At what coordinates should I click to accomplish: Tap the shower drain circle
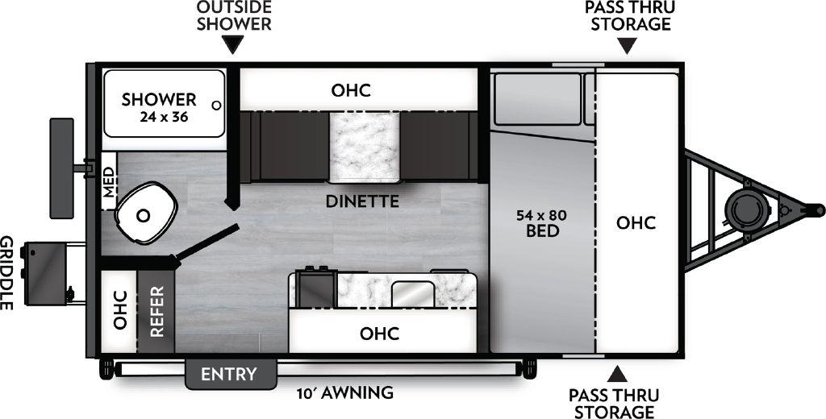(215, 105)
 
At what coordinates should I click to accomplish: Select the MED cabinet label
(109, 186)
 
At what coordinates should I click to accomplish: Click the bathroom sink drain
(143, 215)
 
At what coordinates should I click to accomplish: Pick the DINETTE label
(362, 201)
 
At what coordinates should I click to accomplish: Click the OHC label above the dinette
(351, 89)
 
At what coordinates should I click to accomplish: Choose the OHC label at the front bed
(636, 222)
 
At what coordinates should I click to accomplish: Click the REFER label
(156, 310)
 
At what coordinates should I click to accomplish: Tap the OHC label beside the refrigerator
(119, 310)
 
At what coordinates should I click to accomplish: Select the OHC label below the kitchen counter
(379, 332)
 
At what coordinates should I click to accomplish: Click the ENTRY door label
(229, 374)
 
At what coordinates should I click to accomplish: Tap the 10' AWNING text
(344, 393)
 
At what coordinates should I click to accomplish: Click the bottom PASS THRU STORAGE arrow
(618, 373)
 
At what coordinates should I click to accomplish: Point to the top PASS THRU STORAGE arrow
(628, 47)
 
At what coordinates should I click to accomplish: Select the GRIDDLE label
(8, 274)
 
